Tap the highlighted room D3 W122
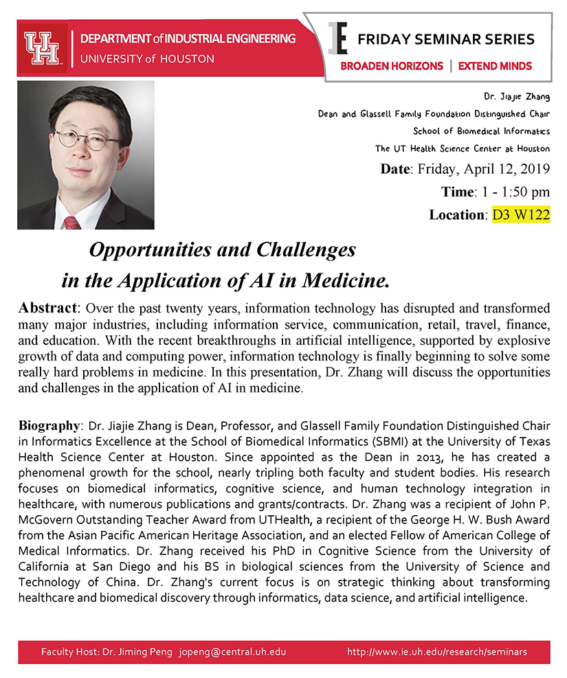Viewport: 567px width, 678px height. (521, 214)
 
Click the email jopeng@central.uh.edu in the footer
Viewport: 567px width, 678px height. (232, 651)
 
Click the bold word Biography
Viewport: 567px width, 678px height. (49, 426)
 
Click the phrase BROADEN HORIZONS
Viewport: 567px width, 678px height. (391, 66)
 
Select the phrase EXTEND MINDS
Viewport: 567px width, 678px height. (495, 66)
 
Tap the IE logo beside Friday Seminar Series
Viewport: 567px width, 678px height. (337, 38)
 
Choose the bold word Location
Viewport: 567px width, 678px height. (457, 214)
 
